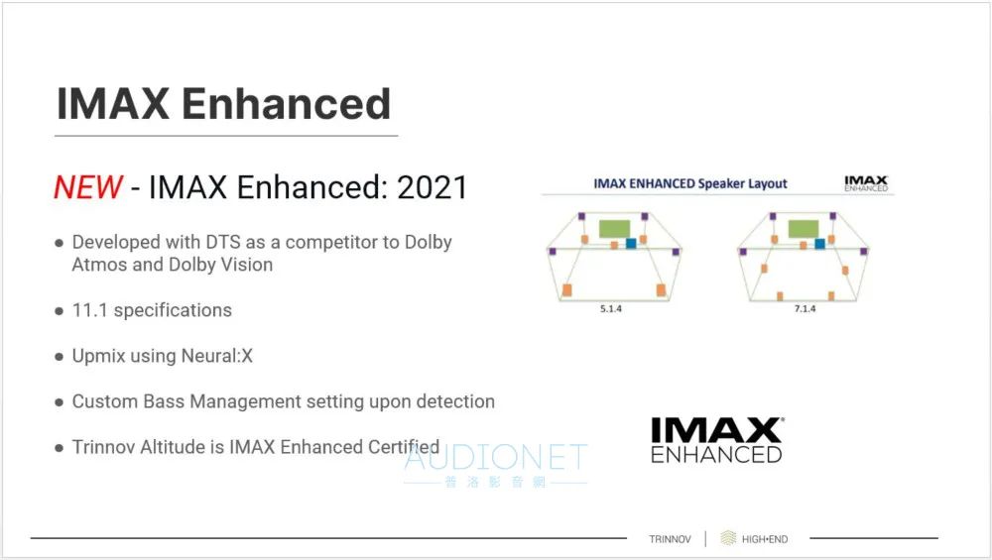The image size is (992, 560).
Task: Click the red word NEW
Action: tap(88, 187)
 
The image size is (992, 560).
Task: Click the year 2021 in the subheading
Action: tap(433, 187)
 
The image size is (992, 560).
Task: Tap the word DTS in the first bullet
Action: tap(223, 242)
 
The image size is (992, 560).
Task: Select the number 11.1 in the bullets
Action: tap(90, 310)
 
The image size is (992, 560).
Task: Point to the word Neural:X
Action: tap(217, 356)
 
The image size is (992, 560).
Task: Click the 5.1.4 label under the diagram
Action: tap(611, 308)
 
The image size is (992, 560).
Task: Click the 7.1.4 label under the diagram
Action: tap(805, 308)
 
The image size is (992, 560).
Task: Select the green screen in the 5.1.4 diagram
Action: tap(614, 228)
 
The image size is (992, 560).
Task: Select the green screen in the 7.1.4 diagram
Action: tap(804, 228)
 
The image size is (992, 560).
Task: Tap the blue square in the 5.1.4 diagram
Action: tap(631, 244)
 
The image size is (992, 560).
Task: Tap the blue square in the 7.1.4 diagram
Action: tap(820, 244)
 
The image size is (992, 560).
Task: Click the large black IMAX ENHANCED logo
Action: tap(717, 440)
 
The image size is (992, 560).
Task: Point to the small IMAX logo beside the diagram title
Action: tap(866, 183)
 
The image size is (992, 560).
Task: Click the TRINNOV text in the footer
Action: tap(670, 539)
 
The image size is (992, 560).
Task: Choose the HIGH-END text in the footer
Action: tap(765, 539)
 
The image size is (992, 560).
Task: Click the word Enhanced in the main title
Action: tap(287, 104)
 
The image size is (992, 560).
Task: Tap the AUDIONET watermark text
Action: tap(496, 457)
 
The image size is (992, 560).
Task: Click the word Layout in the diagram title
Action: tap(768, 184)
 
